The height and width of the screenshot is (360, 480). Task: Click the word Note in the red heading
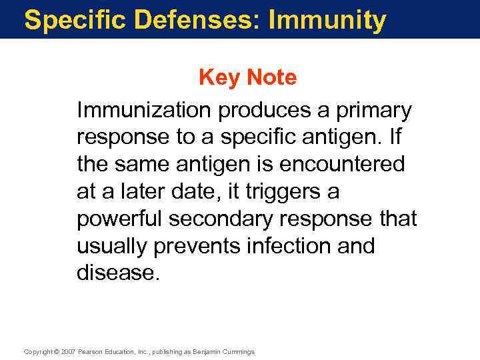pos(271,78)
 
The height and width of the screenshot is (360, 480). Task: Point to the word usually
pos(112,247)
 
